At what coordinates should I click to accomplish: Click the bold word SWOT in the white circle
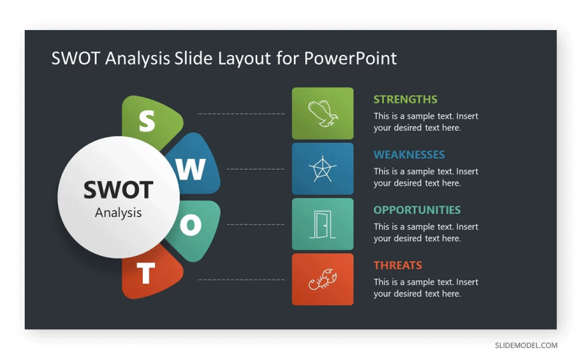(x=118, y=190)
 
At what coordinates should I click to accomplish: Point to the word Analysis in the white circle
(x=118, y=213)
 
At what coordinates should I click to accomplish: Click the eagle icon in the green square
(x=323, y=114)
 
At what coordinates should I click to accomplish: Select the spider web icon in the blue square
(x=323, y=169)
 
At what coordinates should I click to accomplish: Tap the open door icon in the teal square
(x=323, y=224)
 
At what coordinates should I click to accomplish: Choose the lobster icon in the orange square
(x=323, y=280)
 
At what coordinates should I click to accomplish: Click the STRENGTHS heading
(x=405, y=100)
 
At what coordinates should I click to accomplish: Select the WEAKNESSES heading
(x=409, y=154)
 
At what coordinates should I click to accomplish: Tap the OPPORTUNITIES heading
(x=417, y=210)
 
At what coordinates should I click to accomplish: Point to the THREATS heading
(x=397, y=265)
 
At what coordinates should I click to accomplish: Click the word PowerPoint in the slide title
(x=350, y=58)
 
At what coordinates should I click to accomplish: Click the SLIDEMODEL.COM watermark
(x=526, y=345)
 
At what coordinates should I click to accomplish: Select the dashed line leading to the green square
(x=241, y=114)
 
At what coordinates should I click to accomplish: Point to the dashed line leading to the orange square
(x=241, y=280)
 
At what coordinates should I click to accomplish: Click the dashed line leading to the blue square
(x=256, y=169)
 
